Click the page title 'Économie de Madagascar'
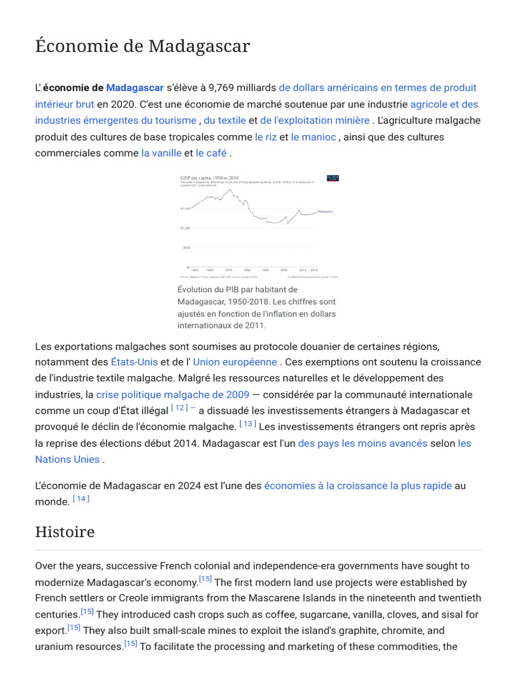[142, 46]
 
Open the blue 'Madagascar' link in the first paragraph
[135, 87]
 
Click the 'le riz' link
[266, 137]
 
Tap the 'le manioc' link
[314, 137]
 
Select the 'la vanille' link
[161, 153]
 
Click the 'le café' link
[211, 153]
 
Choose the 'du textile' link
[224, 120]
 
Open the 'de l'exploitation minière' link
[314, 120]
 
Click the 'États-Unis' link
[135, 362]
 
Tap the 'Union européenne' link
[235, 362]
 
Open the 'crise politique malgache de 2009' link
[173, 394]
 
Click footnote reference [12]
[179, 408]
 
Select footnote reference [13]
[248, 424]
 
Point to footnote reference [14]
[81, 499]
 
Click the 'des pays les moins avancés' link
[363, 443]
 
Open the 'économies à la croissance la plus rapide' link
[358, 485]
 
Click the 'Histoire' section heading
[65, 532]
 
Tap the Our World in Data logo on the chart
[332, 178]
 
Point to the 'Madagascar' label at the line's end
[325, 211]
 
